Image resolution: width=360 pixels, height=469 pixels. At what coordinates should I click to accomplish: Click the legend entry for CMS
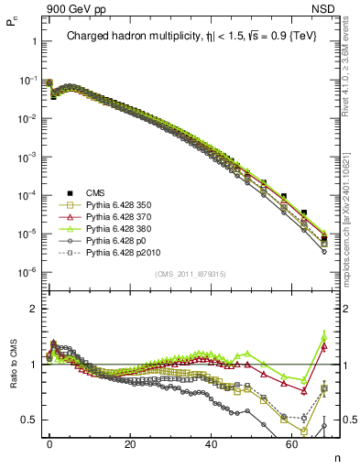[95, 192]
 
